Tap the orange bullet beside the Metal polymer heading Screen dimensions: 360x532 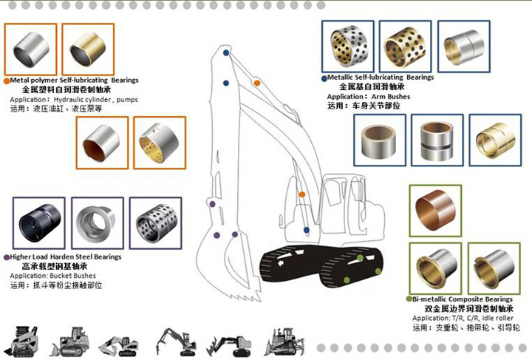(7, 80)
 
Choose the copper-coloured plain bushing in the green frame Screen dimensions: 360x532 (435, 210)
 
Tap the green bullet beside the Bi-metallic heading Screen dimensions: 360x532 (408, 299)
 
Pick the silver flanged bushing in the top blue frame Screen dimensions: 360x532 (463, 46)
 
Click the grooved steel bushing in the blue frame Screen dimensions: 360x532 (437, 140)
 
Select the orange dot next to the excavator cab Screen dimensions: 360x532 (301, 194)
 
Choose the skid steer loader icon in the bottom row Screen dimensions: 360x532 (21, 340)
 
